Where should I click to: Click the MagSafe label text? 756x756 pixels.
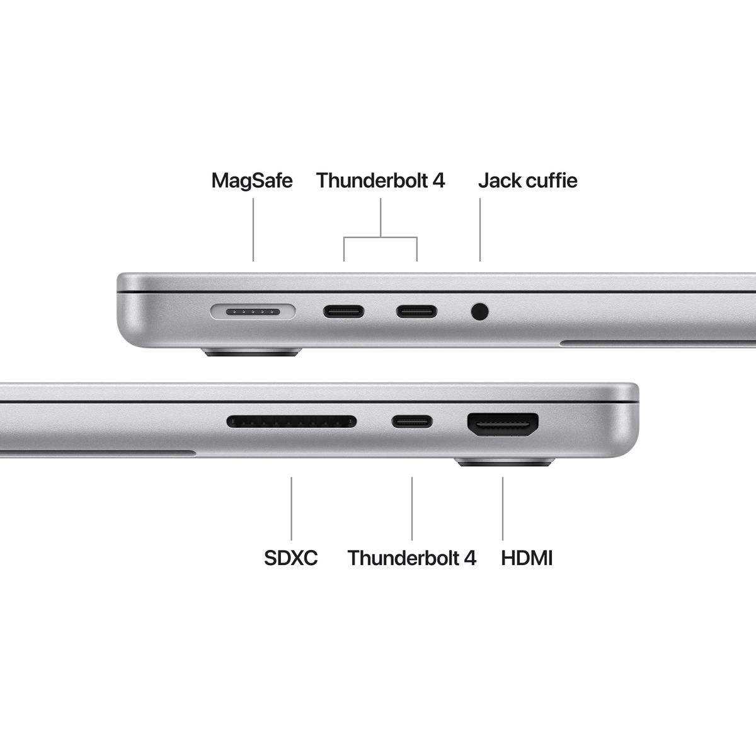(252, 181)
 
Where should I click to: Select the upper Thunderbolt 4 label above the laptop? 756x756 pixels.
(381, 181)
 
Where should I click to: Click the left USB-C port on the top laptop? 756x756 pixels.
(344, 311)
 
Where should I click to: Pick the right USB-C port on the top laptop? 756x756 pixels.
(416, 311)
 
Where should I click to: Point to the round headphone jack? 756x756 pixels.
(480, 311)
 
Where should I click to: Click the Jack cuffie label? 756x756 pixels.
(527, 181)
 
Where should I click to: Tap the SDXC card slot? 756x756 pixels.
(292, 421)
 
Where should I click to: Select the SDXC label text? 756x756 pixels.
(291, 558)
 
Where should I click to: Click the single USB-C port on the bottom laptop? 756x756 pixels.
(412, 421)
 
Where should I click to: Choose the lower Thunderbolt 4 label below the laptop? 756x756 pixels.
(412, 558)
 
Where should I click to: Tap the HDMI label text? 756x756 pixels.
(527, 558)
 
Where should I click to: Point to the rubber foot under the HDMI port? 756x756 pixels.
(503, 464)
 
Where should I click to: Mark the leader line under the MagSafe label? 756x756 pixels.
(253, 230)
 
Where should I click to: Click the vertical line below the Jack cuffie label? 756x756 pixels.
(480, 230)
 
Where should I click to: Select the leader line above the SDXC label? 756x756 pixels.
(292, 508)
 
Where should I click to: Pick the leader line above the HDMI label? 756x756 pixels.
(503, 508)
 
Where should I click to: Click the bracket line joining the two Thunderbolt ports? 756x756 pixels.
(381, 238)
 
